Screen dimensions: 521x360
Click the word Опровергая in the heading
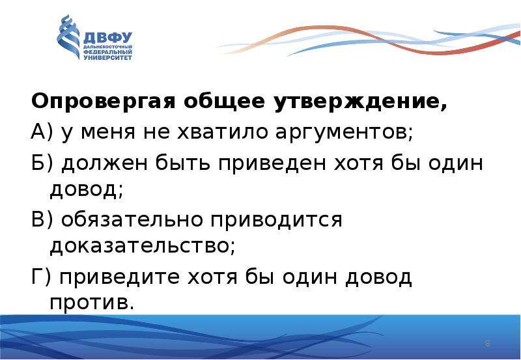(x=104, y=102)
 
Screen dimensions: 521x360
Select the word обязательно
(x=132, y=219)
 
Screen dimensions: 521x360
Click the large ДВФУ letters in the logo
(x=107, y=38)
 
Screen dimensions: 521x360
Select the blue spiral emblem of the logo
(x=68, y=37)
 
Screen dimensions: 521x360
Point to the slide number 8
(x=487, y=344)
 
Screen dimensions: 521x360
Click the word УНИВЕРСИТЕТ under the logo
(x=107, y=57)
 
